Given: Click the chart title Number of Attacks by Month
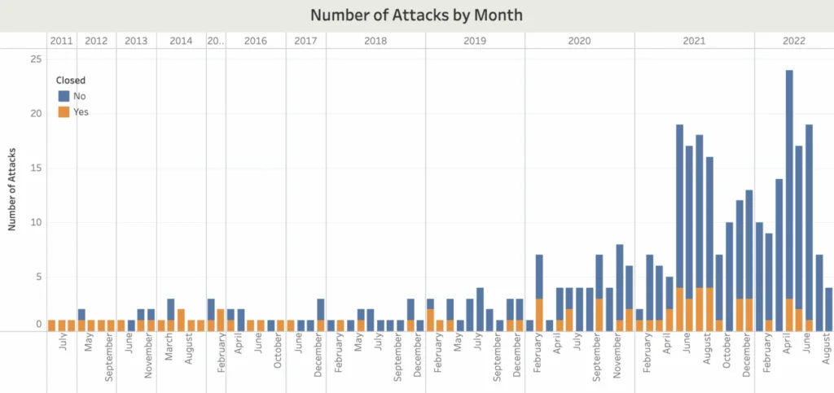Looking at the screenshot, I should [416, 15].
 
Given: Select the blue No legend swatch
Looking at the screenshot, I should [64, 96].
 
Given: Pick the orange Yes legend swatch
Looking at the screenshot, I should [64, 112].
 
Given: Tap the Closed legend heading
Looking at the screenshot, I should [71, 81].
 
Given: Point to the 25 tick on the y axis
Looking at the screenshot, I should [36, 59].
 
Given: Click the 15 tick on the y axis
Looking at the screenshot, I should [36, 168].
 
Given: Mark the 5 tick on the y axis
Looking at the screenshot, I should [37, 277].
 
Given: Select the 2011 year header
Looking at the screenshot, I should [61, 40].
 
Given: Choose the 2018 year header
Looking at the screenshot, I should [375, 40].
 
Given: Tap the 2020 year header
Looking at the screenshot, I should [579, 40].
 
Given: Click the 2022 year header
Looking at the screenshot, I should [793, 40].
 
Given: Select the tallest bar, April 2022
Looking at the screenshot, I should [789, 200].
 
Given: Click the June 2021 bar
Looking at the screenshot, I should [679, 228].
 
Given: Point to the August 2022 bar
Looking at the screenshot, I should [828, 309].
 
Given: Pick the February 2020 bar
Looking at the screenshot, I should [539, 293].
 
